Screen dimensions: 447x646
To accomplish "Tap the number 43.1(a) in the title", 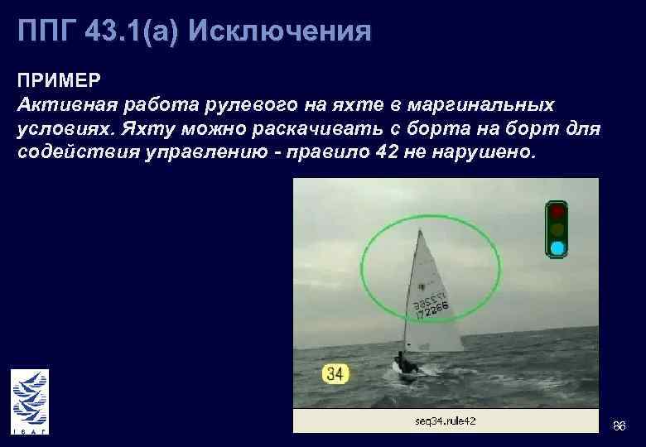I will (x=132, y=31).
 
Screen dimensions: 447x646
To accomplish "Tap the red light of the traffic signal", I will (x=557, y=211).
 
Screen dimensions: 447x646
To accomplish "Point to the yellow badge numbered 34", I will (x=334, y=374).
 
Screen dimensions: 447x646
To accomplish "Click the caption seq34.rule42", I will (x=445, y=421).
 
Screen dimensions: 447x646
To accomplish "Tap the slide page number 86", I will (x=618, y=425).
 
